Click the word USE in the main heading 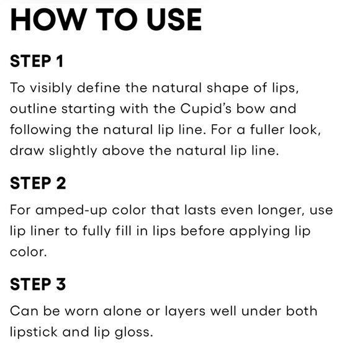coord(174,19)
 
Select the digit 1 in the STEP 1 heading coord(60,61)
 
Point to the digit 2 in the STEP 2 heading coord(61,183)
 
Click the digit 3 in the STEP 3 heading coord(61,284)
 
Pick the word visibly coord(51,88)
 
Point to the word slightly coord(73,151)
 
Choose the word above coord(124,151)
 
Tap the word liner coord(45,231)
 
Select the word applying coord(259,232)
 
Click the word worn coord(81,312)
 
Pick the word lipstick coord(34,333)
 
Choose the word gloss coord(133,333)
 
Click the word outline coord(34,109)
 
